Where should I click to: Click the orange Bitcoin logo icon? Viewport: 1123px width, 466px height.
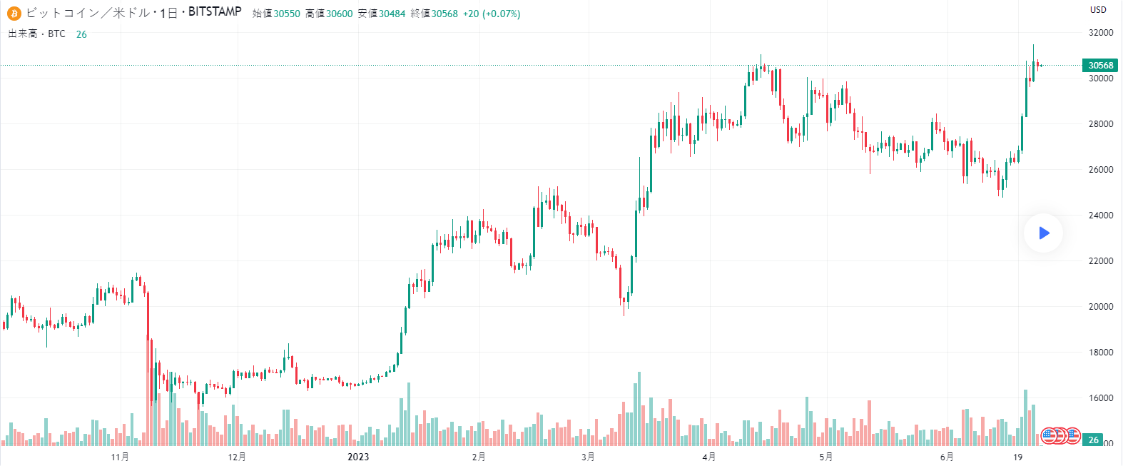pyautogui.click(x=14, y=13)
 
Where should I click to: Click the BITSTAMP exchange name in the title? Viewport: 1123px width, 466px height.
pyautogui.click(x=215, y=12)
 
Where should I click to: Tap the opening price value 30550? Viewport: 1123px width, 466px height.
pyautogui.click(x=287, y=14)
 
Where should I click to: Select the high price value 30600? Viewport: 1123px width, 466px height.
pyautogui.click(x=340, y=14)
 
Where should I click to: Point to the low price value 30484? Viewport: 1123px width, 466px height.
pyautogui.click(x=392, y=14)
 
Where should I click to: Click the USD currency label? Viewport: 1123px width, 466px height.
pyautogui.click(x=1098, y=9)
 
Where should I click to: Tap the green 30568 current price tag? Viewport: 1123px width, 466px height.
pyautogui.click(x=1100, y=65)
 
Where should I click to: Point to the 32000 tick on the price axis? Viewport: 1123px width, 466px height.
pyautogui.click(x=1100, y=33)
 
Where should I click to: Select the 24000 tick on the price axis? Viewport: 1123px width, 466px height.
pyautogui.click(x=1100, y=216)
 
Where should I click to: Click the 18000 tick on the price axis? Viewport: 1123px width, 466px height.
pyautogui.click(x=1100, y=353)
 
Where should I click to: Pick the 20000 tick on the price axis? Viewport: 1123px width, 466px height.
pyautogui.click(x=1100, y=307)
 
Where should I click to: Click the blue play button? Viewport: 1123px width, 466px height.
pyautogui.click(x=1044, y=233)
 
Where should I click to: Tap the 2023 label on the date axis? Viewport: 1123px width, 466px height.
pyautogui.click(x=358, y=457)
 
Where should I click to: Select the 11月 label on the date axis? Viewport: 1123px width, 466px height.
pyautogui.click(x=121, y=457)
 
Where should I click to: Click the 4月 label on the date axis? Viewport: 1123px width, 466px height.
pyautogui.click(x=709, y=457)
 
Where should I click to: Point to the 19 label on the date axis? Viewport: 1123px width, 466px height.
pyautogui.click(x=1018, y=457)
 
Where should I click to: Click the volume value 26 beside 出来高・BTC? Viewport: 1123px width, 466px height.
pyautogui.click(x=81, y=34)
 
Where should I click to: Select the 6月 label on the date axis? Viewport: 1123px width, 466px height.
pyautogui.click(x=947, y=457)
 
